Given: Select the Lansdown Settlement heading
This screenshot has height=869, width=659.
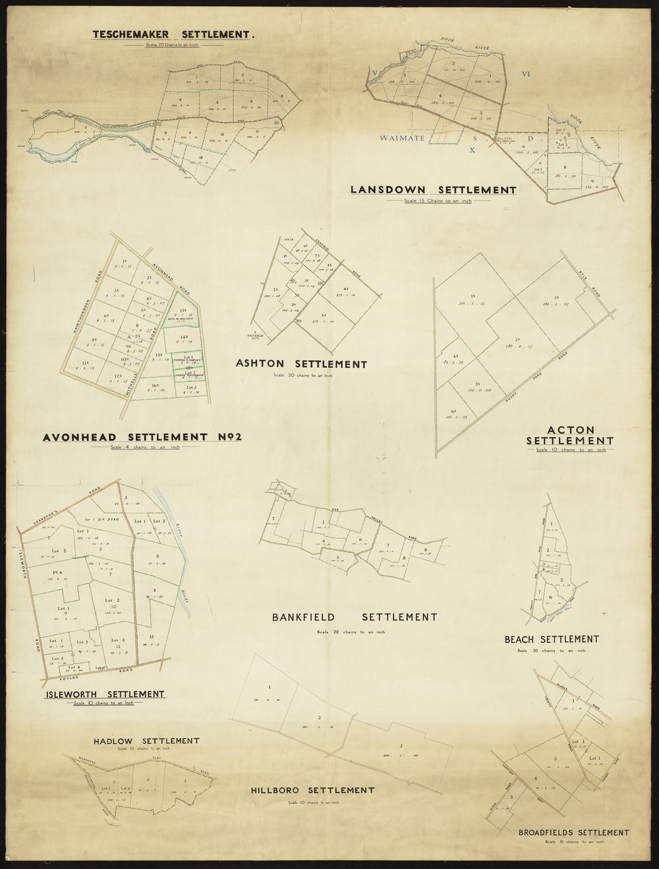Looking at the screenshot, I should [433, 190].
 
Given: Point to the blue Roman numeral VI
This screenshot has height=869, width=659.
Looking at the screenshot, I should [525, 74].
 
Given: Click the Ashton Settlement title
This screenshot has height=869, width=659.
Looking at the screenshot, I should [301, 364].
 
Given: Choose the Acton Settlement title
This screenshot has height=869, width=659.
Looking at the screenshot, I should [570, 435].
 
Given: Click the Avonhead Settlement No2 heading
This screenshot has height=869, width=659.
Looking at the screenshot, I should [142, 437].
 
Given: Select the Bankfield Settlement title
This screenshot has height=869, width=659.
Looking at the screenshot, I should [355, 618].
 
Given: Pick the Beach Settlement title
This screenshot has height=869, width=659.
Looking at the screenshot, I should [551, 639].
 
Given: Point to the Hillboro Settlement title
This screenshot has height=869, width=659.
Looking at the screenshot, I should [312, 790].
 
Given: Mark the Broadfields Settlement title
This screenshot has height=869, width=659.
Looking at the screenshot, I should [573, 833].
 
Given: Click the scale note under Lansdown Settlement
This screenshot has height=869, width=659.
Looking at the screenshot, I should [438, 200].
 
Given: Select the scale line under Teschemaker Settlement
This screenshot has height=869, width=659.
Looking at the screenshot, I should [171, 45].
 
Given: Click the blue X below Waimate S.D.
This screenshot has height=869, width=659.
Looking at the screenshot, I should [472, 150].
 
